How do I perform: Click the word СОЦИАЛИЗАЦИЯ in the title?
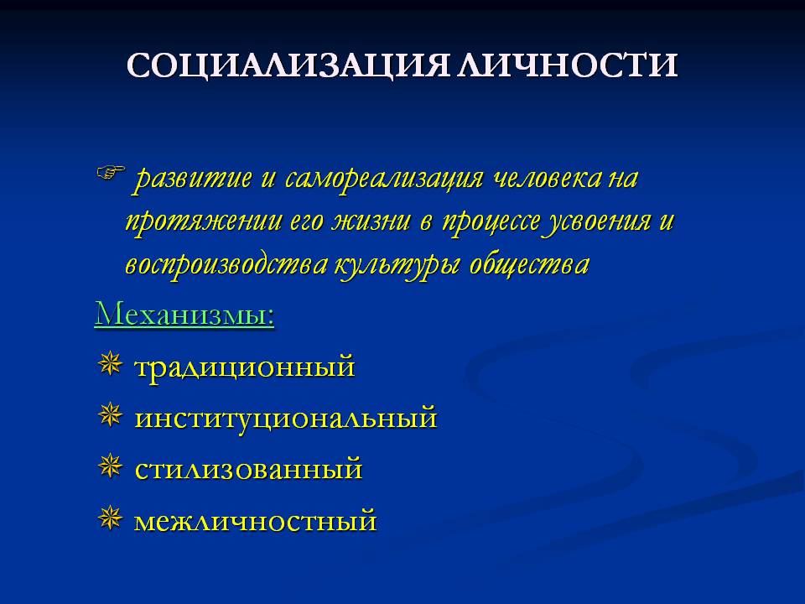click(x=289, y=65)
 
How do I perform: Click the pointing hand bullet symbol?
click(x=111, y=173)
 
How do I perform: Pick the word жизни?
click(x=371, y=221)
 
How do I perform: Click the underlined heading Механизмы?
click(x=184, y=314)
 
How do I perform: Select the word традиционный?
click(x=244, y=367)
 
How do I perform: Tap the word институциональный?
click(x=285, y=418)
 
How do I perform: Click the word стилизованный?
click(x=248, y=469)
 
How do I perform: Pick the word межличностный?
click(x=255, y=520)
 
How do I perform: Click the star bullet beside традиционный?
click(x=110, y=364)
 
